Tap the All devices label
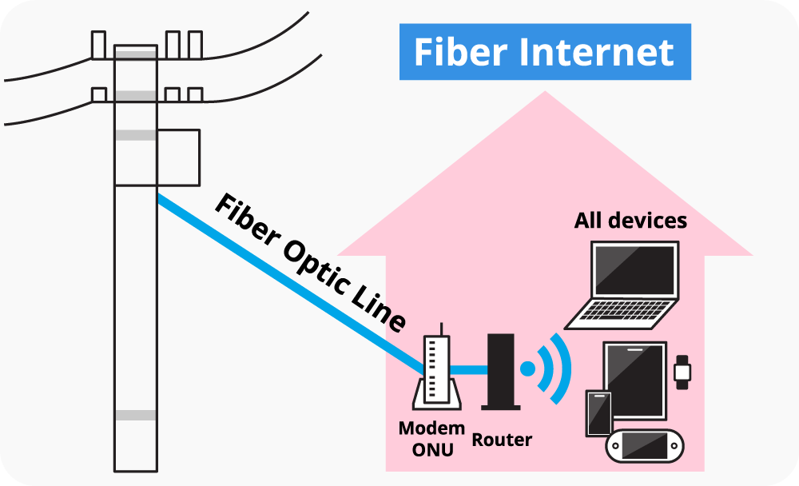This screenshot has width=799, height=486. (630, 221)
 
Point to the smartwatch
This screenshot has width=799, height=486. (682, 372)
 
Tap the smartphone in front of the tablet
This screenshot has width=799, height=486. (598, 413)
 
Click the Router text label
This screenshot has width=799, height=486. (502, 440)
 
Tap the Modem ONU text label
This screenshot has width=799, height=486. (431, 439)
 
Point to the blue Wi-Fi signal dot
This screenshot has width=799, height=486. (527, 368)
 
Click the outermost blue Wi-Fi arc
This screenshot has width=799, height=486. (564, 368)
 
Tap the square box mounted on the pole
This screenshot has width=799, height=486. (177, 157)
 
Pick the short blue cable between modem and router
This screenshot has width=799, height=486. (470, 369)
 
